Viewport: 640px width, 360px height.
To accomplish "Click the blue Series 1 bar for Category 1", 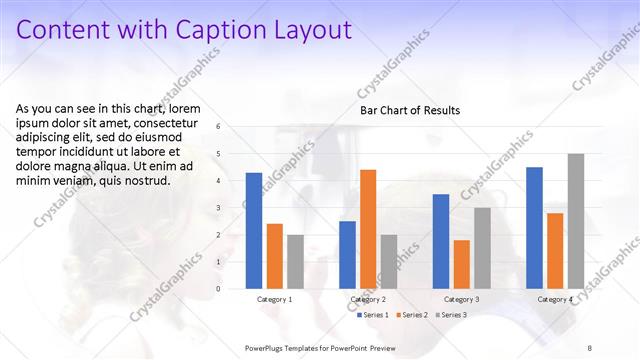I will [254, 231].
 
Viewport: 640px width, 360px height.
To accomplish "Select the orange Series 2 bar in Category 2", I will [368, 229].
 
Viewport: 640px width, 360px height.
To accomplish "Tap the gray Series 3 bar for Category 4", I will [575, 221].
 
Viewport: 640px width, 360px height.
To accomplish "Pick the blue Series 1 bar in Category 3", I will [441, 241].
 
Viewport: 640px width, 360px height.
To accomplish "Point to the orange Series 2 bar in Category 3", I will [461, 264].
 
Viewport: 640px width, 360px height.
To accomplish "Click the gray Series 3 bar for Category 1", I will [295, 261].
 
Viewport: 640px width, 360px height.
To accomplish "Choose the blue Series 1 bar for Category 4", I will [534, 227].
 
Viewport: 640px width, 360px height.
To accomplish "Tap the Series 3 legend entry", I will [452, 315].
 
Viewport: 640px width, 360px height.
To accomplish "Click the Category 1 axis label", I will [275, 299].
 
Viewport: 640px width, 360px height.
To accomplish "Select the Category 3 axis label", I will [462, 299].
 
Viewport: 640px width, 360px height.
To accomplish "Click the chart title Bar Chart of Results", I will [410, 110].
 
